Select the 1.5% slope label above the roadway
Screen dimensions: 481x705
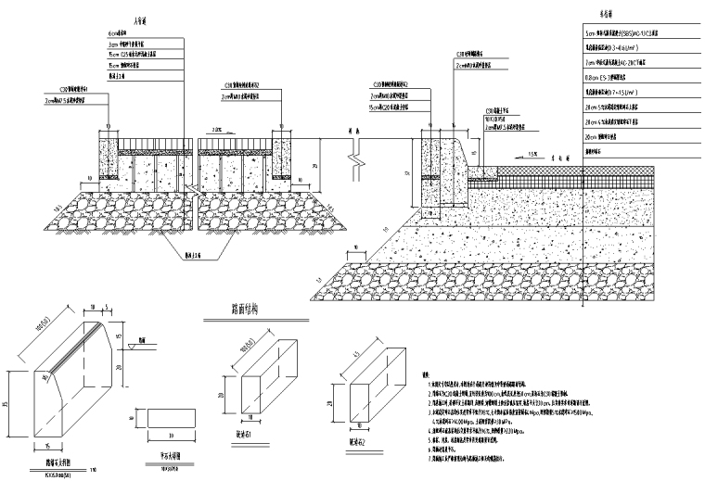tap(532, 151)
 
